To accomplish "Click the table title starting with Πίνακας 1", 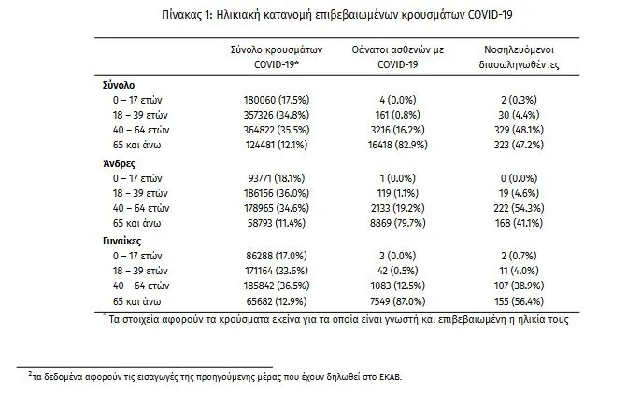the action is [336, 15].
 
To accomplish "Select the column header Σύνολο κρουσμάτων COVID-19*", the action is [277, 57].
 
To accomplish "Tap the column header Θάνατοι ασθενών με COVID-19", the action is [398, 57].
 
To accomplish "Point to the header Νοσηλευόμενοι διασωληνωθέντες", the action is [520, 57].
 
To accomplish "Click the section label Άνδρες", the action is [119, 163].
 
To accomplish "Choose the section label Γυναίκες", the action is [121, 241].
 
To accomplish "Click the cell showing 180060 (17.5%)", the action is [277, 100].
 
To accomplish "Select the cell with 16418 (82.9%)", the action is [398, 145].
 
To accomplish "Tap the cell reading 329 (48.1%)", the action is [519, 130].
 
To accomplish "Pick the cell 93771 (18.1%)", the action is [277, 178].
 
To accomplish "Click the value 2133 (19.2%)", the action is [398, 208].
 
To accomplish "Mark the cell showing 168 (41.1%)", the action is [519, 223].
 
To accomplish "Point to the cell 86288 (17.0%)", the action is [277, 256].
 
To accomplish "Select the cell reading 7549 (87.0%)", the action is [398, 301].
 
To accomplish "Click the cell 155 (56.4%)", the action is [519, 301].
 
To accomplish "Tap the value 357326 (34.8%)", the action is [277, 115].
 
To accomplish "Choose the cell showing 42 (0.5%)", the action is [398, 271].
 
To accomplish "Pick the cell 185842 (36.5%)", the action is [277, 286].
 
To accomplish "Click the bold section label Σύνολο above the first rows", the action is [119, 85].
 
